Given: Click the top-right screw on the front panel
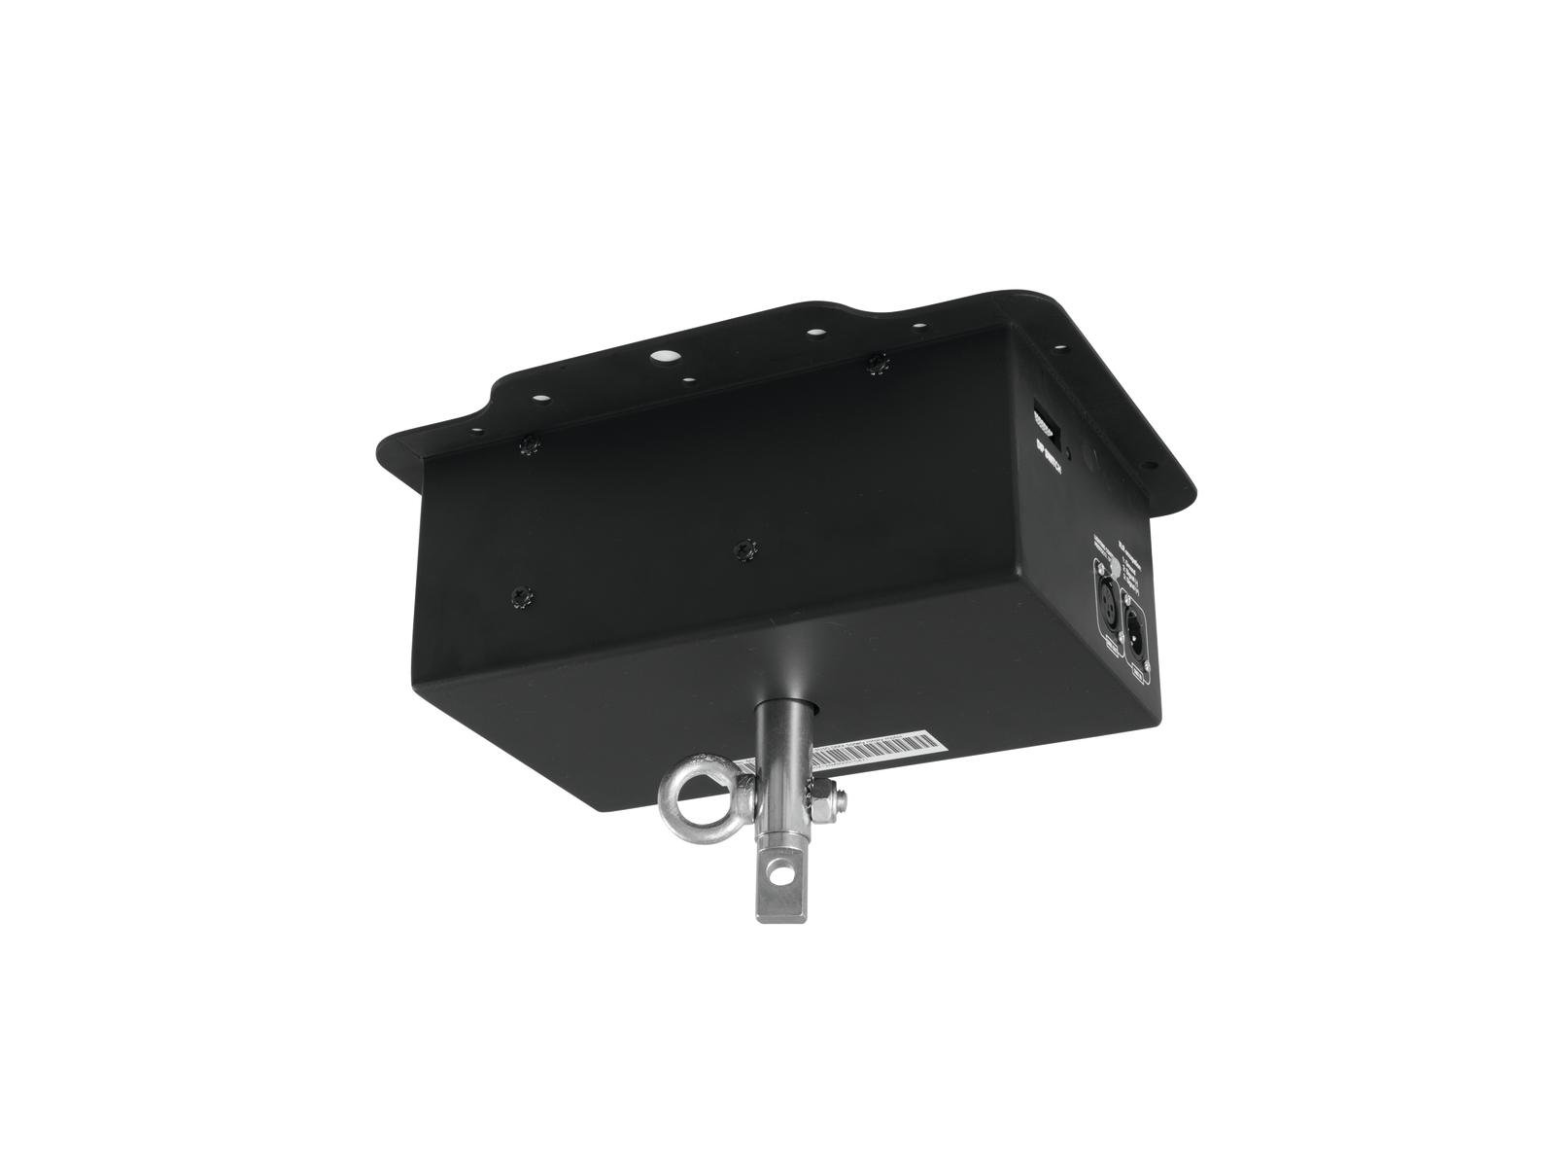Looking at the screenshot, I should (881, 363).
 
